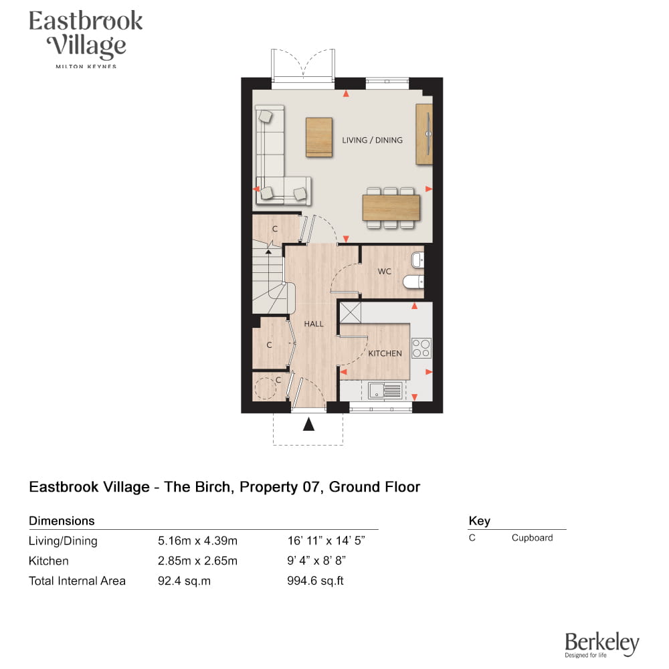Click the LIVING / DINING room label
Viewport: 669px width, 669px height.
coord(372,140)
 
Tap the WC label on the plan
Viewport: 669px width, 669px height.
coord(384,272)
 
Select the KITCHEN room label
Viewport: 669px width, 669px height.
coord(385,353)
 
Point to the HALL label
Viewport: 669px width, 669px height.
coord(314,324)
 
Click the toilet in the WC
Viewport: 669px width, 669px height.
coord(413,282)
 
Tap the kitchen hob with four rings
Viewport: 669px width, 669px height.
coord(421,348)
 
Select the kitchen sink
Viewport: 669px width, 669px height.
coord(385,391)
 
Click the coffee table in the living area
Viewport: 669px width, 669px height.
coord(319,137)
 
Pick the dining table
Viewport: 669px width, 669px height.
coord(391,207)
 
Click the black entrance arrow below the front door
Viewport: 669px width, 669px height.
coord(308,424)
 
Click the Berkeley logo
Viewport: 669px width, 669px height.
coord(601,644)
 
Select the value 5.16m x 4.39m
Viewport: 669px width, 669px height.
coord(197,541)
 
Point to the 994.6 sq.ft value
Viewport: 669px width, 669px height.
coord(315,581)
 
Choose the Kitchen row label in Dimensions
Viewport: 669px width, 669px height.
coord(49,561)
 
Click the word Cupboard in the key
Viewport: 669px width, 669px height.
coord(532,538)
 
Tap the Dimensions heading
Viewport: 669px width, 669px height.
coord(62,520)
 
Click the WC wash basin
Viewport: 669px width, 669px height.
coord(417,260)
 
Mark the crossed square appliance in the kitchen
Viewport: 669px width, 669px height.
coord(351,312)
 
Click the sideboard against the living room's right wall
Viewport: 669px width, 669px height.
coord(424,134)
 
